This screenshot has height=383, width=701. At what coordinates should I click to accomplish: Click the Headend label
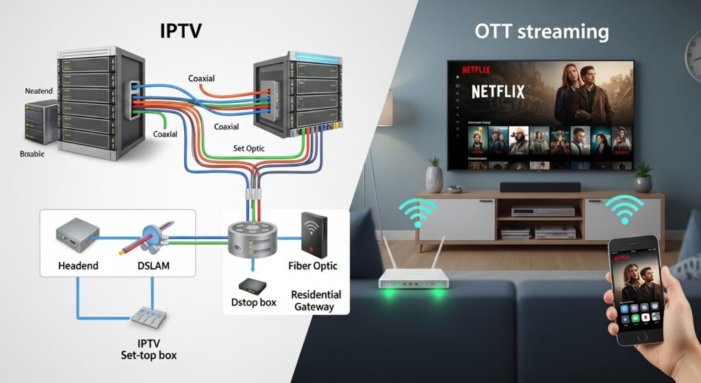pyautogui.click(x=78, y=265)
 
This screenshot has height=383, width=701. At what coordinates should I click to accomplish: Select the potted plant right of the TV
pyautogui.click(x=643, y=176)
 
